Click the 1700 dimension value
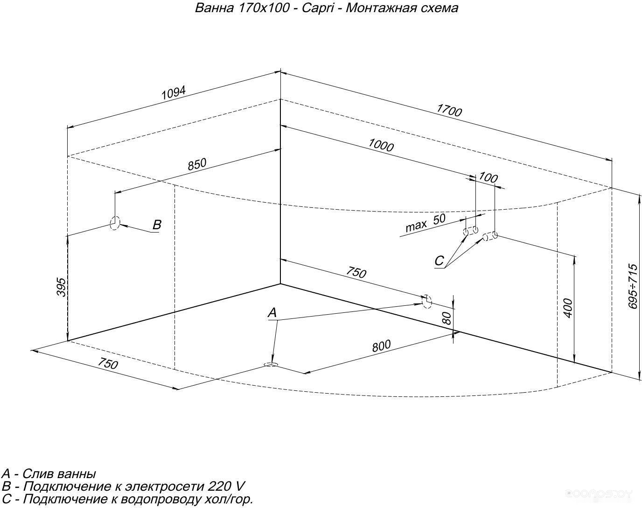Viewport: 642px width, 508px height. (x=449, y=111)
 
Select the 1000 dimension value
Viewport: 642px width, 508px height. (x=381, y=145)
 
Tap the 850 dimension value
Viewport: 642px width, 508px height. (x=196, y=165)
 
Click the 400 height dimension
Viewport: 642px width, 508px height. (x=568, y=308)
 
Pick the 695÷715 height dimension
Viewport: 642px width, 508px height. (x=632, y=286)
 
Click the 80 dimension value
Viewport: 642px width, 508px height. (x=447, y=318)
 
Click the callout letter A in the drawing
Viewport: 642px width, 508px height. (x=272, y=313)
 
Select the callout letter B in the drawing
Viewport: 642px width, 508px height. (x=157, y=225)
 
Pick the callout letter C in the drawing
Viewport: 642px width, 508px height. (x=439, y=261)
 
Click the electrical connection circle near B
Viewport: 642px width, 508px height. (x=115, y=223)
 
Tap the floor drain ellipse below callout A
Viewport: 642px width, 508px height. (x=271, y=364)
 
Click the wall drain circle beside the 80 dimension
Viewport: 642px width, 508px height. (x=426, y=301)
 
